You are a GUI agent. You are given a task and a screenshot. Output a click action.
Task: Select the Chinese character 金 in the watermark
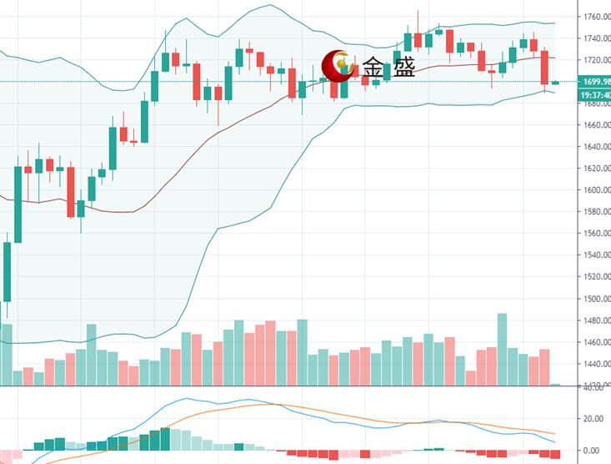tap(373, 68)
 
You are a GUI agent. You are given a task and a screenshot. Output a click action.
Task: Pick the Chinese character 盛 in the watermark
tap(403, 68)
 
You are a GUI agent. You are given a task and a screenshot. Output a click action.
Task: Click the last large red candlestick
tap(545, 68)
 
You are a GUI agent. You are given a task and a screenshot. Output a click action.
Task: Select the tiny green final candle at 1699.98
tap(555, 82)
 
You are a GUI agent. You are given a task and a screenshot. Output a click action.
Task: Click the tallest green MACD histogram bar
tap(164, 439)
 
